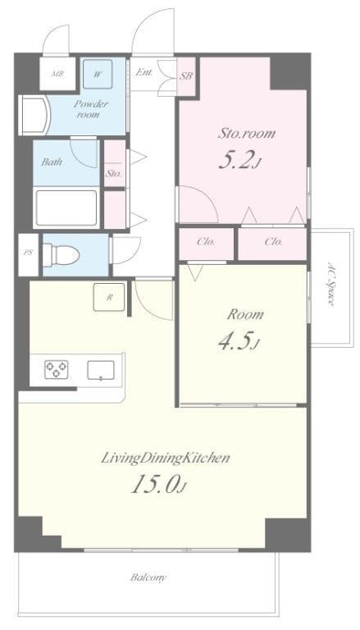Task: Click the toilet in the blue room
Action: pos(61,255)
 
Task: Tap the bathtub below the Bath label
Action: pos(66,208)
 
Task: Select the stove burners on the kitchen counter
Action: pos(56,369)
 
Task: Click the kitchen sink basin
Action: pos(100,370)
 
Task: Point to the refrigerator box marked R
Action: pos(109,297)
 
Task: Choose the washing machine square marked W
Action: pos(98,74)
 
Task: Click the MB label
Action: pos(57,75)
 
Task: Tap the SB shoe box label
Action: pos(186,75)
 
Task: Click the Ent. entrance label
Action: pos(144,73)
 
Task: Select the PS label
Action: pos(28,253)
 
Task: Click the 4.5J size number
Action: pos(239,341)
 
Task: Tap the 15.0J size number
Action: pos(159,486)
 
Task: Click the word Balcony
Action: pos(148,577)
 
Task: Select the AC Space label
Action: pos(331,285)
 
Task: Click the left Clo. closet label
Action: pos(206,242)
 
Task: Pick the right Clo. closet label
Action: pos(273,242)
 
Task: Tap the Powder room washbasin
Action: pos(34,116)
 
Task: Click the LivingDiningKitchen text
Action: pos(165,458)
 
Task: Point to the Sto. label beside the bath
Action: pos(114,175)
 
